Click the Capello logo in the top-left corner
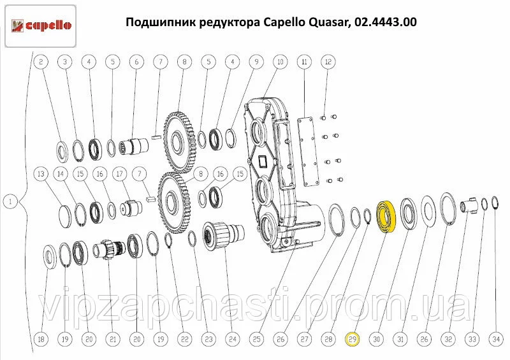[41, 26]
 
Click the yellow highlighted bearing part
[386, 217]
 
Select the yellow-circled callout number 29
[353, 339]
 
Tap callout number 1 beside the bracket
[10, 201]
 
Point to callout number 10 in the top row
[280, 61]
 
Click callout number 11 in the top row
[305, 61]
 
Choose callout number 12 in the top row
[328, 61]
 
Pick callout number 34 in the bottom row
[496, 339]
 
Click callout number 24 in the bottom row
[233, 339]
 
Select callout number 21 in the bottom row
[113, 339]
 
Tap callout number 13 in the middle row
[41, 174]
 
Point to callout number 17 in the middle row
[120, 174]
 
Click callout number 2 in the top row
[41, 61]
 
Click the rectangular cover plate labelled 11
[307, 152]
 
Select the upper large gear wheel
[180, 142]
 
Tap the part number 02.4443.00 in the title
[386, 22]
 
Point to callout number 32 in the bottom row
[448, 339]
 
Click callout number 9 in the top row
[256, 61]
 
